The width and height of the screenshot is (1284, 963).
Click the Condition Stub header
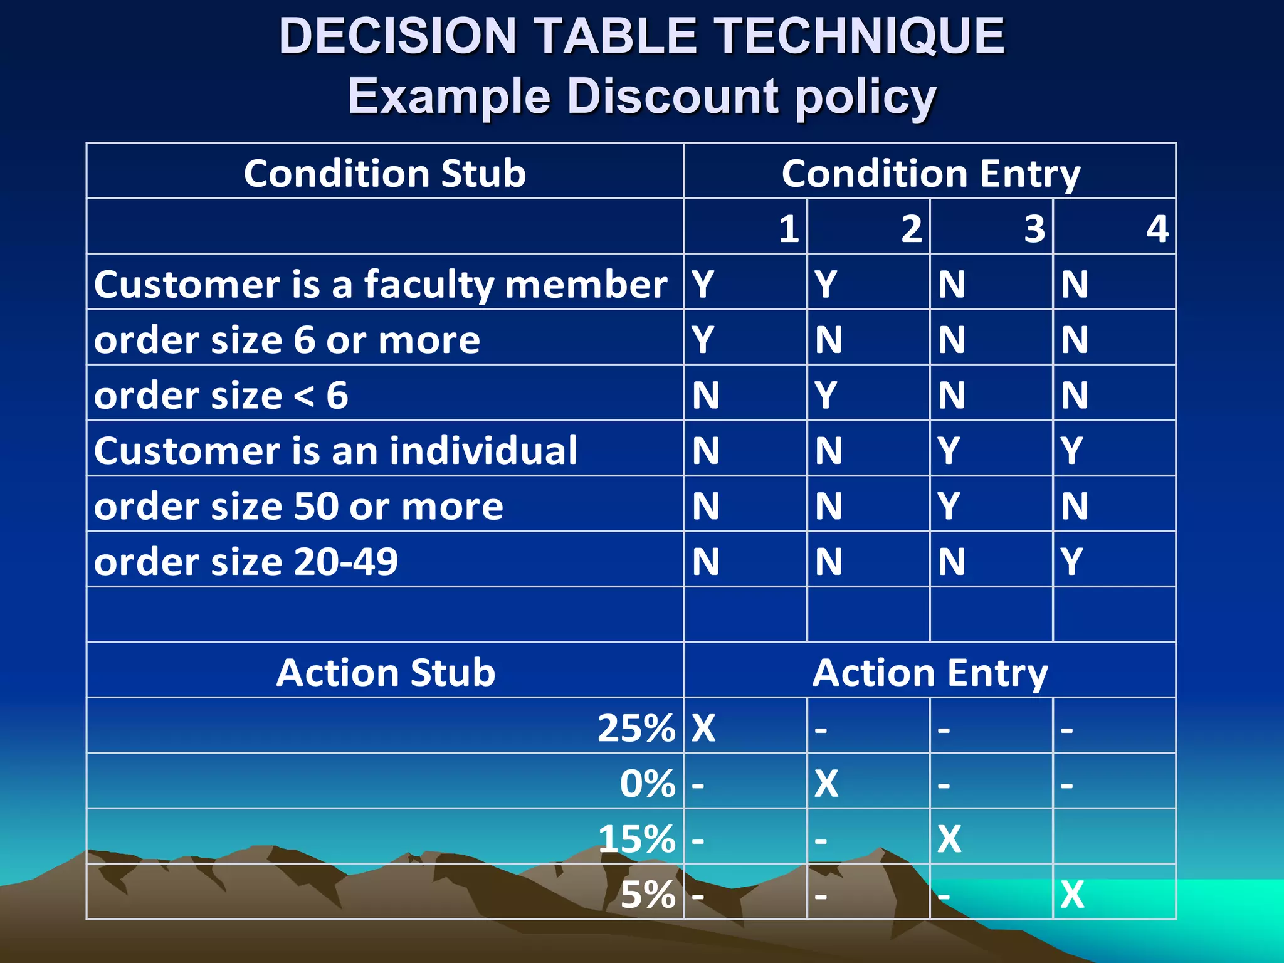pos(384,173)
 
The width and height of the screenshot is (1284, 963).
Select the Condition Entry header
pos(930,173)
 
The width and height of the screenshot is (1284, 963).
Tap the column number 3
pos(1034,228)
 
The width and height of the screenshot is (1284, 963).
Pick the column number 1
pos(789,228)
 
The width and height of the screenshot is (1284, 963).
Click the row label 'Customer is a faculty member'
pos(381,284)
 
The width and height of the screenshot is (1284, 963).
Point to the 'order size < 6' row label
pos(221,395)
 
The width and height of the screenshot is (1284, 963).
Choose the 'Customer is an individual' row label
pos(335,450)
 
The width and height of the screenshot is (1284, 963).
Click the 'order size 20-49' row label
pos(246,561)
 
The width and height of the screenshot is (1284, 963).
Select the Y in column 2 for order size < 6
pos(826,395)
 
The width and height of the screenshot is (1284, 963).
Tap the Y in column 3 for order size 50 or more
pos(949,506)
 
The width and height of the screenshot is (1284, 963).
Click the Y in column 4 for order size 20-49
pos(1071,561)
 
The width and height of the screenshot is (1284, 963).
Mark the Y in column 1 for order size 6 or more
pos(703,339)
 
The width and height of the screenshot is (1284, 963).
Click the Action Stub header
pos(386,672)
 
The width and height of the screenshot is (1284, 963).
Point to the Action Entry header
pos(930,672)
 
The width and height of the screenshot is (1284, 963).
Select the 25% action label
pos(636,728)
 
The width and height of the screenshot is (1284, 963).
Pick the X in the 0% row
pos(826,783)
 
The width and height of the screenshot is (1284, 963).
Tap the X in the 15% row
pos(949,839)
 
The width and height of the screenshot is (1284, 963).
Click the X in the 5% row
pos(1072,894)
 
